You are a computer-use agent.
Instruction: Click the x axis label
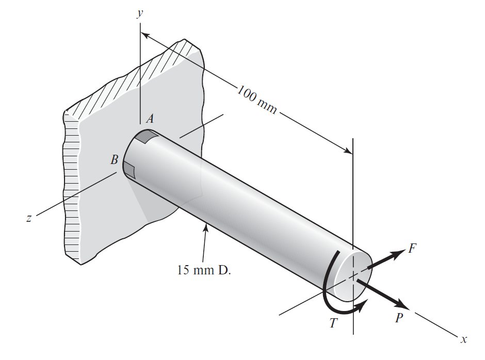click(x=464, y=339)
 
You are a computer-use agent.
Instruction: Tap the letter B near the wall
click(x=115, y=160)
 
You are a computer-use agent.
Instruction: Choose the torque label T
click(x=334, y=323)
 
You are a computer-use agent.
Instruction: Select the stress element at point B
click(x=129, y=169)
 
